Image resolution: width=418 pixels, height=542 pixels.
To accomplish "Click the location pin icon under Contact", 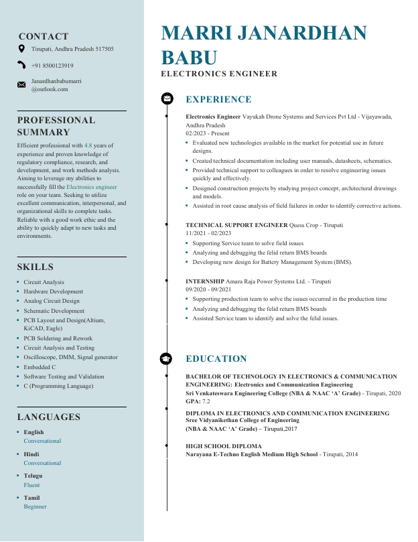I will click(21, 49).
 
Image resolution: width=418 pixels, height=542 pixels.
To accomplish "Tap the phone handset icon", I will click(21, 66).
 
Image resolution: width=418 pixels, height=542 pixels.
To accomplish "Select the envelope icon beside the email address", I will click(21, 84).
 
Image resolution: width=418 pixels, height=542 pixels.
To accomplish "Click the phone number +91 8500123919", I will click(52, 66).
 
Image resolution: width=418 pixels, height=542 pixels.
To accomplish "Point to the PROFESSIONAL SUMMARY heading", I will click(56, 126).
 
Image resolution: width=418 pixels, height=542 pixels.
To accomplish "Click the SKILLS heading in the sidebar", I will click(35, 267).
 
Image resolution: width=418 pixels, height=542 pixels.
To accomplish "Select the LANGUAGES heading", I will click(48, 417).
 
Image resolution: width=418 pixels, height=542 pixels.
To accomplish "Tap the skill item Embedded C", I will click(40, 367).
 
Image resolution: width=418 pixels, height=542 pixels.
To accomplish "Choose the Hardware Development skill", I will click(53, 291).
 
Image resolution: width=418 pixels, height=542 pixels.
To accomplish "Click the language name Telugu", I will click(33, 476).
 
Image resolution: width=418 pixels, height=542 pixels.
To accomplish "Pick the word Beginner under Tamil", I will click(35, 506).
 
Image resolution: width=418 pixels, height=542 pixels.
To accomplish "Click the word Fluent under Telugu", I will click(31, 484).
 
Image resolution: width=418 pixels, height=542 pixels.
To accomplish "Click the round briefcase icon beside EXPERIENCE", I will click(166, 99).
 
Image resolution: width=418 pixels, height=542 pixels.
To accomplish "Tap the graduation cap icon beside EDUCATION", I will click(166, 358).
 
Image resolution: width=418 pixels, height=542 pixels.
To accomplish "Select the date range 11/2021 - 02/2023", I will click(208, 233).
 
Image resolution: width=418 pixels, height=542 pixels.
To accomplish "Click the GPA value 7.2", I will click(206, 401).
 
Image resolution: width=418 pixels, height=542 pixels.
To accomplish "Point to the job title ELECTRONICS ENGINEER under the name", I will click(219, 74).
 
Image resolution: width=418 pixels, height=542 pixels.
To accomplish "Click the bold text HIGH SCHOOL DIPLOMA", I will click(223, 446).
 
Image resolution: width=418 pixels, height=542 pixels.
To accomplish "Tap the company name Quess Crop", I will click(303, 225).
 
